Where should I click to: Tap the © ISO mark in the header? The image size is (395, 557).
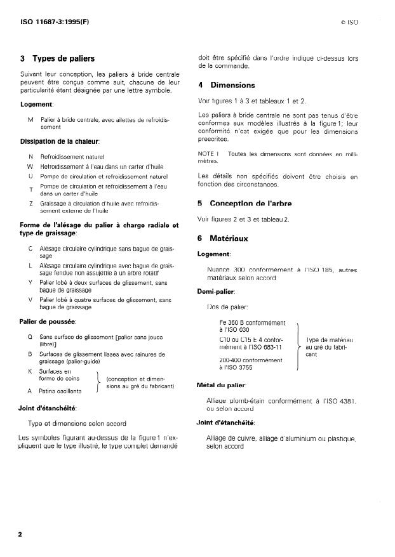[x=349, y=22]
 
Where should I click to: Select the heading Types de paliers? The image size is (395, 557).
[x=63, y=59]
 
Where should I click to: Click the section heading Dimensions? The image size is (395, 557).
[x=232, y=86]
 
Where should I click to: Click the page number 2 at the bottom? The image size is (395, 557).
[x=20, y=534]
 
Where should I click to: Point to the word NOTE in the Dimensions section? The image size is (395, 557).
[x=206, y=154]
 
